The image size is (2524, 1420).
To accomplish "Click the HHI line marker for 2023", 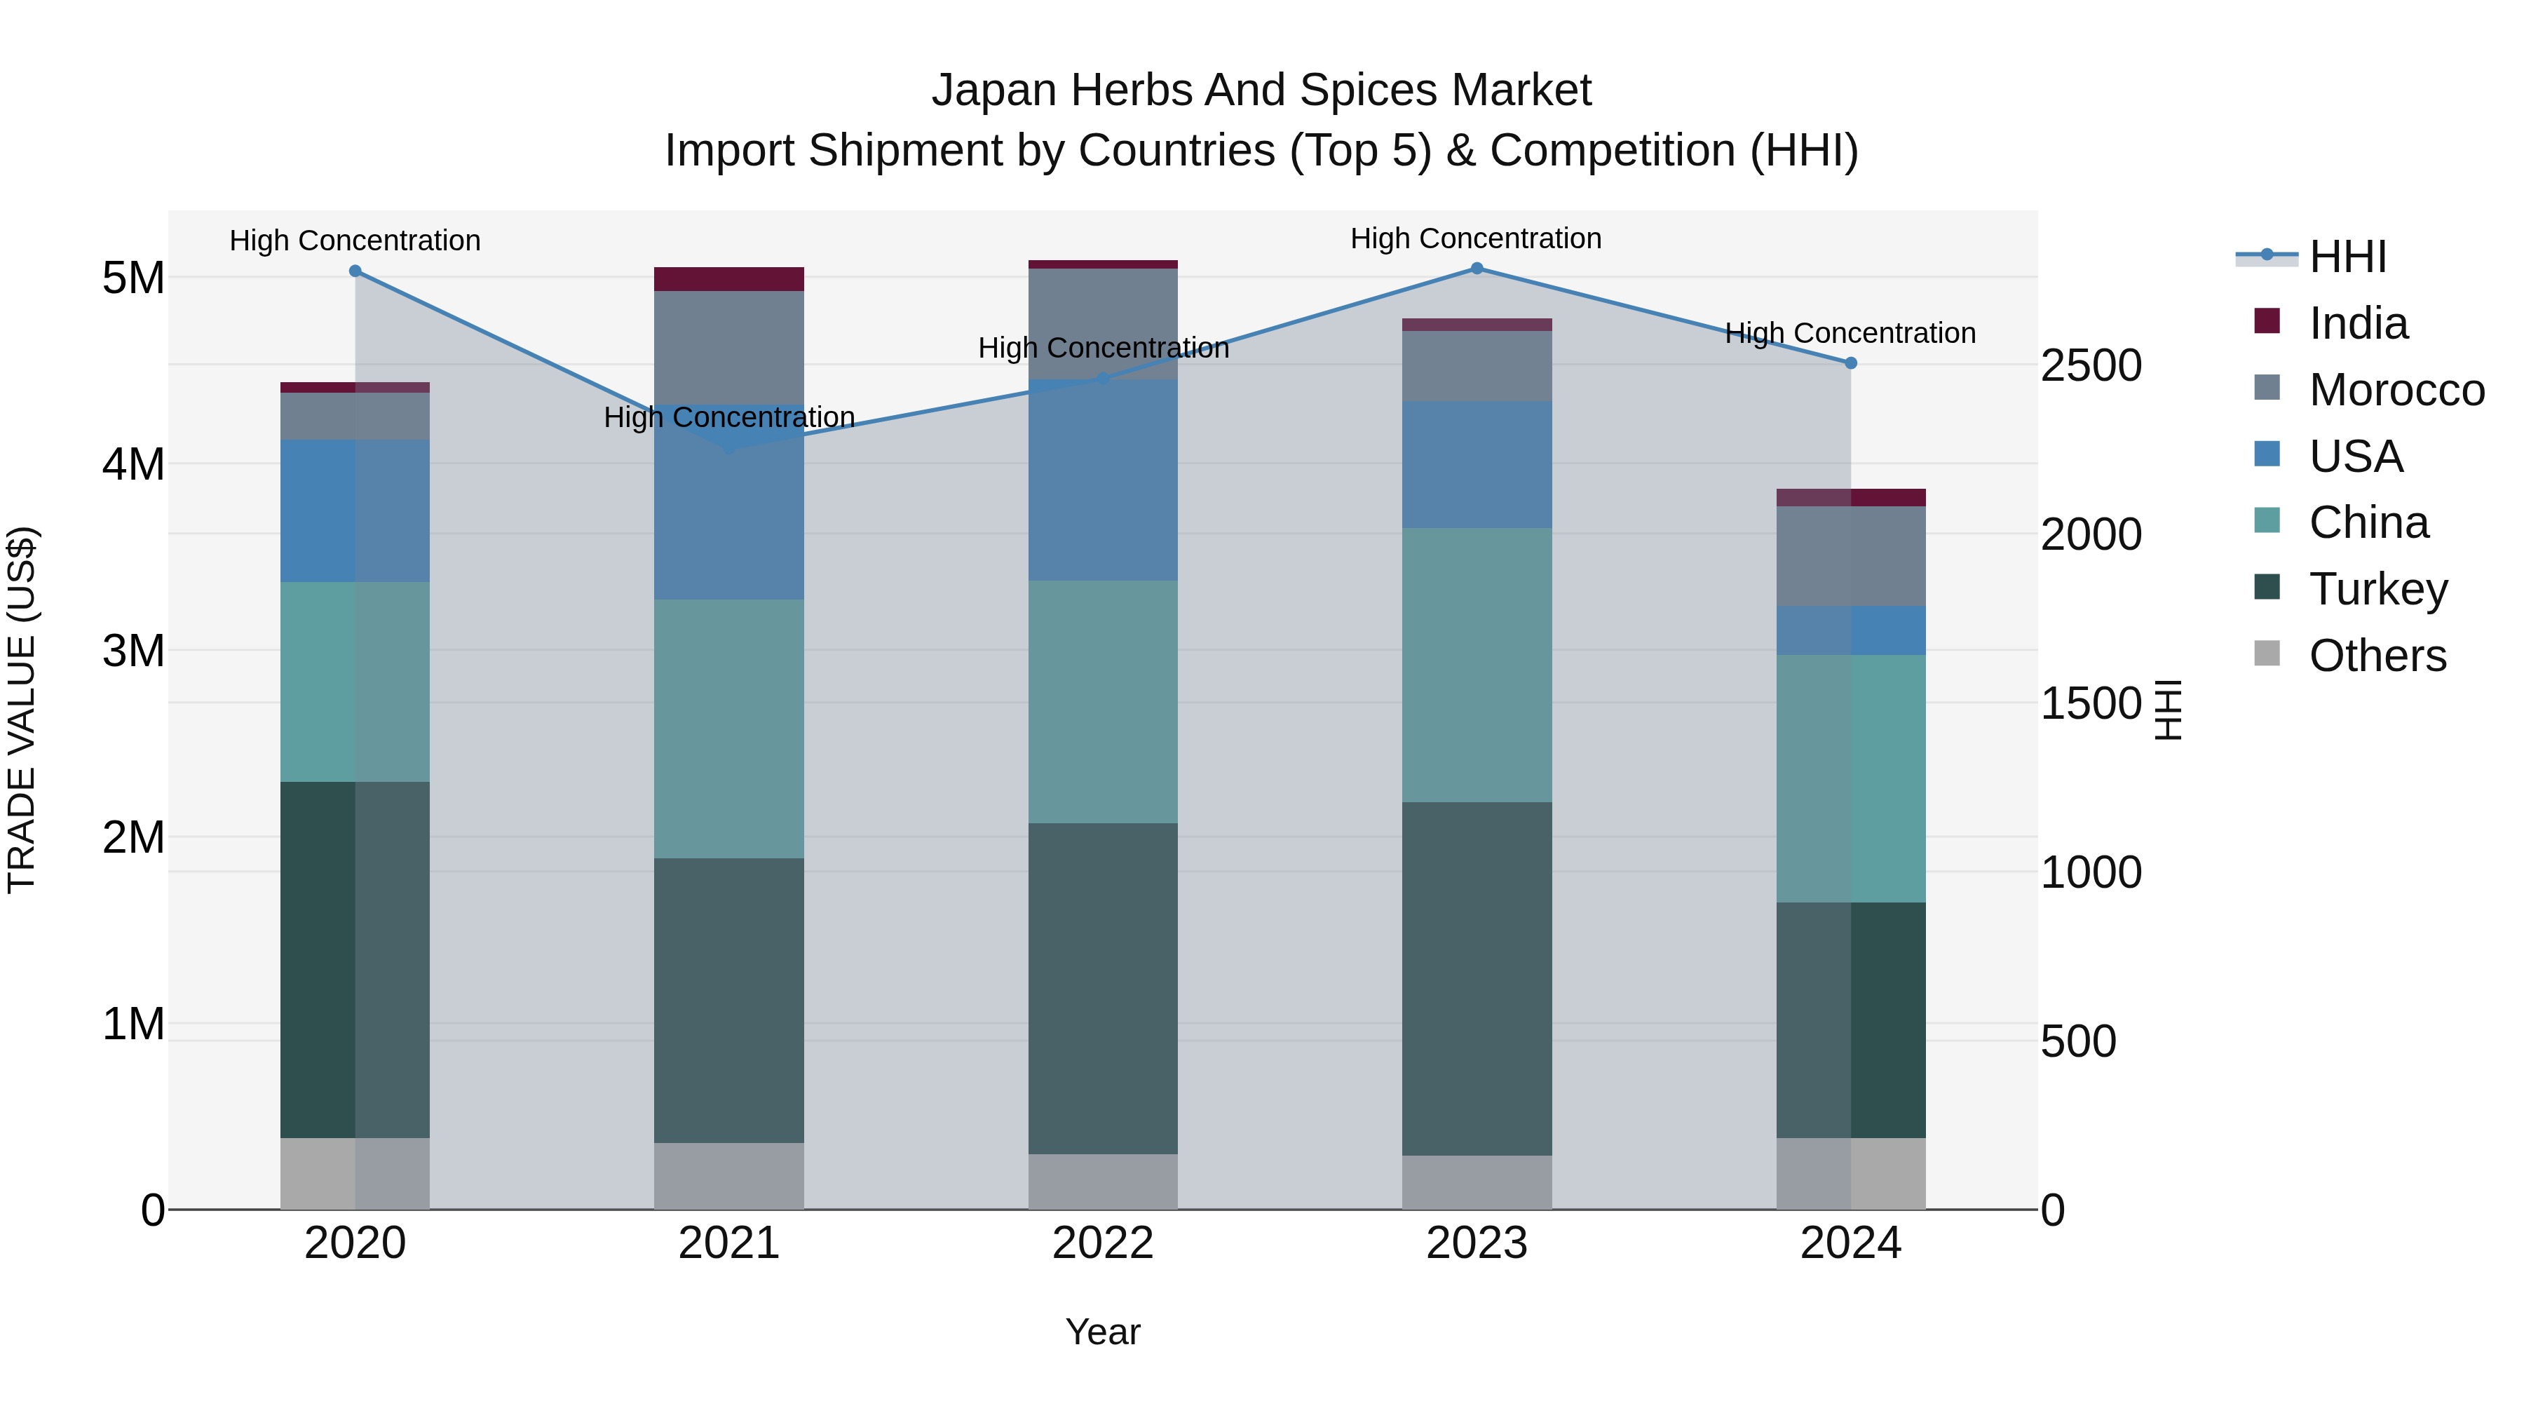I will click(1477, 269).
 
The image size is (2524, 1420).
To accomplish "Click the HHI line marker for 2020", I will click(355, 271).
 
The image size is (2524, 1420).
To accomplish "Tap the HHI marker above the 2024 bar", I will click(1851, 363).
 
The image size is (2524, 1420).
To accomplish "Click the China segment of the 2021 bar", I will click(729, 729).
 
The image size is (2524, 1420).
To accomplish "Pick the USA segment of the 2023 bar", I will click(1477, 464).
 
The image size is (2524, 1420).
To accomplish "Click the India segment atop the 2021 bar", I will click(729, 279).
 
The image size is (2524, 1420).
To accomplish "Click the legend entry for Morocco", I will click(2396, 390).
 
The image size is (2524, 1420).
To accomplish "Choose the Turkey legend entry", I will click(2378, 589).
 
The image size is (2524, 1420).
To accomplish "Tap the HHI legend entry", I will click(2347, 257).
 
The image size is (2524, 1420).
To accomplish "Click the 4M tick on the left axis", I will click(133, 464).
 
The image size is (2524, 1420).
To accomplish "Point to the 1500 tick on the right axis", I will click(2091, 703).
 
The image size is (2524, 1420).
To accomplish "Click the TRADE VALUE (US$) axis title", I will click(22, 710).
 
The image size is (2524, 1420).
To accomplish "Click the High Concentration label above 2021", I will click(729, 417).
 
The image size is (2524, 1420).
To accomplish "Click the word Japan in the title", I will click(993, 90).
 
